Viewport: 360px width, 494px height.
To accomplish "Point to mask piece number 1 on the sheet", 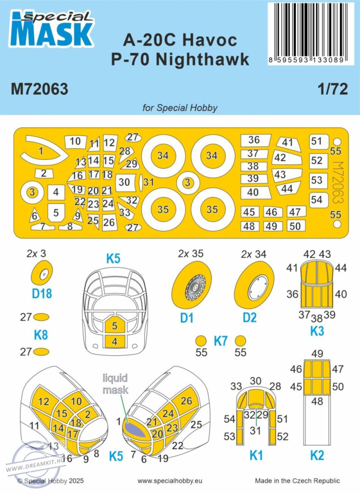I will (x=42, y=151).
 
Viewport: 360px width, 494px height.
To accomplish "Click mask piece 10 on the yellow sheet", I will (x=75, y=141).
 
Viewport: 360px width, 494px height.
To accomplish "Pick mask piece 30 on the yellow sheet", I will (x=125, y=182).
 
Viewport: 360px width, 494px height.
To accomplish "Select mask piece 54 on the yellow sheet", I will (x=317, y=199).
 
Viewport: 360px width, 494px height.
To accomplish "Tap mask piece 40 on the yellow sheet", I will (x=253, y=192).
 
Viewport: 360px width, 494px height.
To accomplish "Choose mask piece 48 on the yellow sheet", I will (x=249, y=226).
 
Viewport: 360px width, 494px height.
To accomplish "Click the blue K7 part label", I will (x=220, y=341).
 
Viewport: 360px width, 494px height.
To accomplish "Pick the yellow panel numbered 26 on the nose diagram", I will (x=186, y=401).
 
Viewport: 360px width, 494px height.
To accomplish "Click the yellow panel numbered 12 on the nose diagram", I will (x=43, y=401).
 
